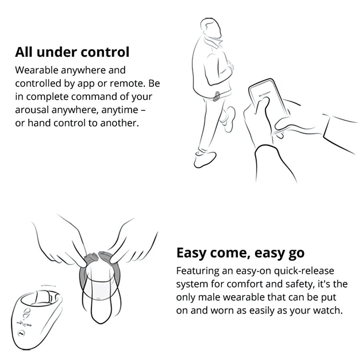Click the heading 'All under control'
point(72,52)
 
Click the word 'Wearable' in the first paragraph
point(36,70)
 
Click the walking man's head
point(210,28)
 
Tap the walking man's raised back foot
point(228,118)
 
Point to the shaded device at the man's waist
point(216,96)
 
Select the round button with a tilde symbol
point(21,333)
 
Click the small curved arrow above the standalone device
point(48,286)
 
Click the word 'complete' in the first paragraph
point(48,97)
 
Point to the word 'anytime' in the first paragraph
point(120,110)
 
